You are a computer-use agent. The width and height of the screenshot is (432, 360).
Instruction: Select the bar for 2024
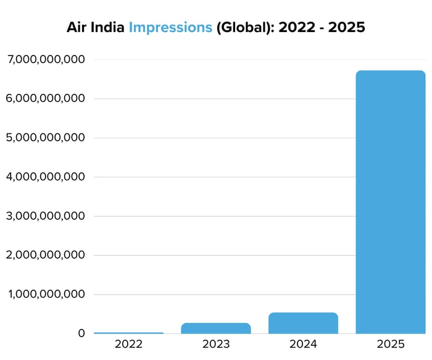point(303,323)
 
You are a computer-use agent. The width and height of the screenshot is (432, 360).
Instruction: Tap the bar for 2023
point(216,328)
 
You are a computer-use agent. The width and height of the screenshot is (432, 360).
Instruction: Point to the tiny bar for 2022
point(128,333)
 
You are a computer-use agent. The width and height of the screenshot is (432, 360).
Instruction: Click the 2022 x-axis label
point(128,344)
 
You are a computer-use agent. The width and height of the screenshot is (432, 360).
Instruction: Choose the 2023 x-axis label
point(216,344)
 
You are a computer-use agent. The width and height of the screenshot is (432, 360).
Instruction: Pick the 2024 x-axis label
point(303,344)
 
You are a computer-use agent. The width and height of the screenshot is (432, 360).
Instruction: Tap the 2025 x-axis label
point(391,344)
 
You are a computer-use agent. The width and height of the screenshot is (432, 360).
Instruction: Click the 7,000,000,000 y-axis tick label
point(46,59)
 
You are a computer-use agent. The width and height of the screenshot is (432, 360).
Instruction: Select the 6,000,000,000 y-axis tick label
point(46,98)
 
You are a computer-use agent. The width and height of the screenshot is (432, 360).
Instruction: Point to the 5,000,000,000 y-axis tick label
point(46,138)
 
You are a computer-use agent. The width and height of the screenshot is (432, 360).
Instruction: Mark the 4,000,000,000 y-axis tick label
point(46,177)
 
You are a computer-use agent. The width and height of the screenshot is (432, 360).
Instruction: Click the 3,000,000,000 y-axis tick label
point(46,216)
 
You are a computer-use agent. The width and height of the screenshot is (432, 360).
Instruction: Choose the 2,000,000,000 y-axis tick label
point(46,255)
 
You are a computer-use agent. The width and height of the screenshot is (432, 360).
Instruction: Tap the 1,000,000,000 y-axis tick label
point(46,295)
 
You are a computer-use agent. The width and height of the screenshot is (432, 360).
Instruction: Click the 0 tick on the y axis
point(81,333)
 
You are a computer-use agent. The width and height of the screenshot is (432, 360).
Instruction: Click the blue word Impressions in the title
point(170,28)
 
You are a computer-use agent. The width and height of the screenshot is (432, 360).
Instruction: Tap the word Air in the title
point(77,28)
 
